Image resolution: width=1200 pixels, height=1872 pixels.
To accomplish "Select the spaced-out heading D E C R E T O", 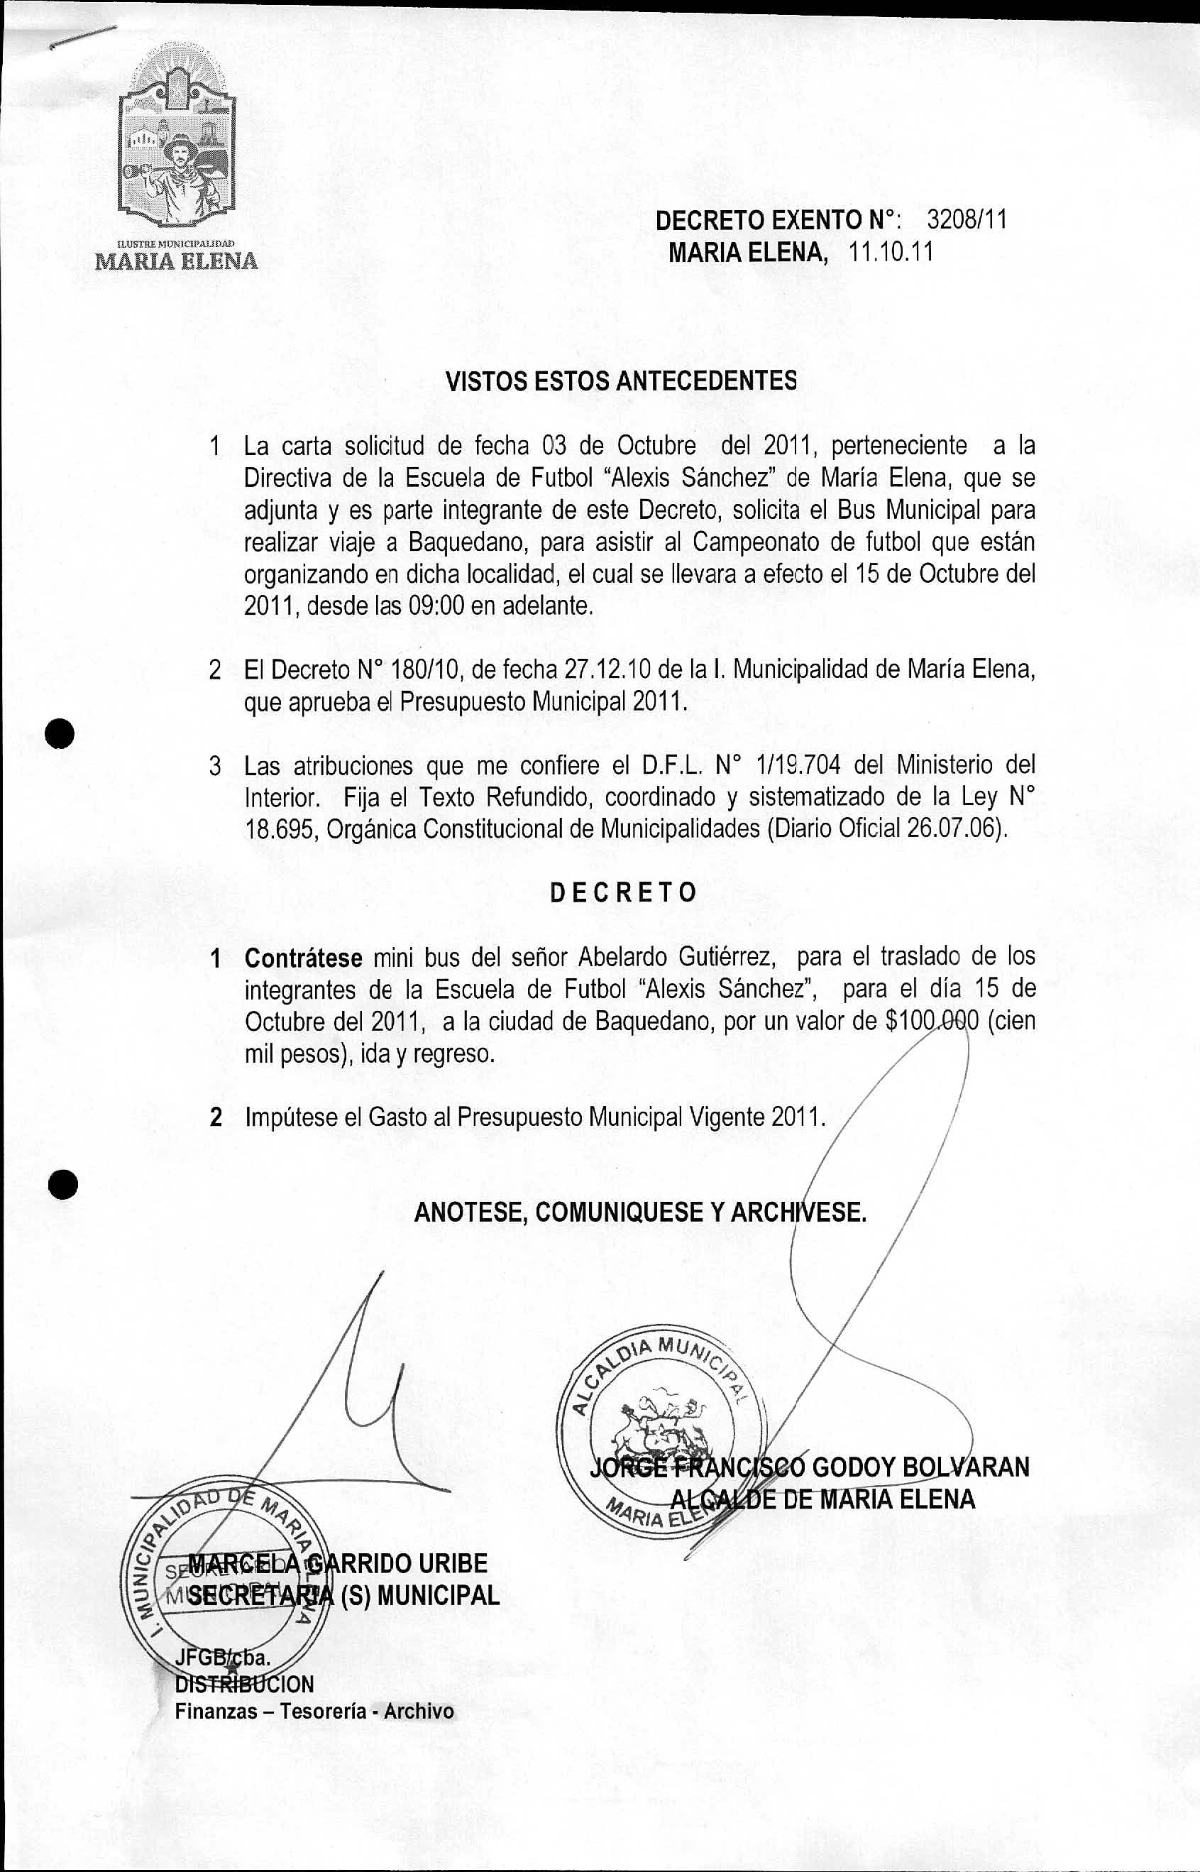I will pos(622,893).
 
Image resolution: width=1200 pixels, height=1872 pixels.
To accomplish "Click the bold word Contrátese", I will pos(303,957).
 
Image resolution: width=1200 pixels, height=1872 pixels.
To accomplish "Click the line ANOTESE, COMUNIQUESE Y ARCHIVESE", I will pos(640,1213).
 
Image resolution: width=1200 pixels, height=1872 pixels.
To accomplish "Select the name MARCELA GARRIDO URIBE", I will pos(339,1564).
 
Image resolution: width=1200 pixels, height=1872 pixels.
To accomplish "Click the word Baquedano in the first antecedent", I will pos(467,542).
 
